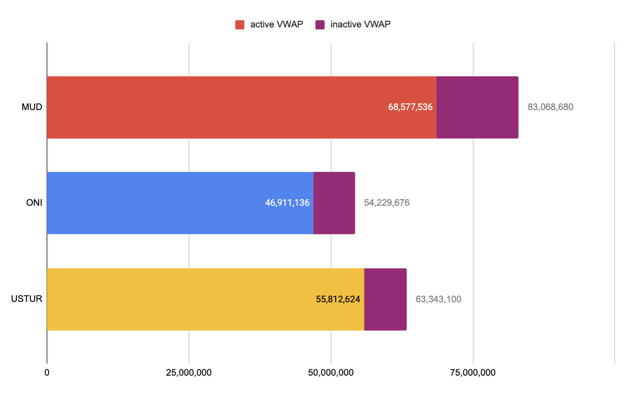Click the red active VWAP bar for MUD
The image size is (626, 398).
point(219,108)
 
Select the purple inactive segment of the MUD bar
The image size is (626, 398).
point(477,108)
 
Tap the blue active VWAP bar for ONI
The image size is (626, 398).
point(169,203)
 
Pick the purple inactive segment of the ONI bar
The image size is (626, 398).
point(334,203)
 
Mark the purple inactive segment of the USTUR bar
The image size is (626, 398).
point(385,299)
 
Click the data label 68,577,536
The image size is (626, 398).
point(410,107)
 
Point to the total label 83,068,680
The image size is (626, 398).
point(550,107)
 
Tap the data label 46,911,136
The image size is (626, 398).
point(287,203)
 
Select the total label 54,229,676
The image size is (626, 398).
point(386,203)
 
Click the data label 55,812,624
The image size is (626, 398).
point(338,299)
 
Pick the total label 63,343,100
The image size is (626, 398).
point(438,299)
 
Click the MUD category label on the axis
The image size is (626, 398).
point(32,107)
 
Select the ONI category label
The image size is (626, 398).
point(34,203)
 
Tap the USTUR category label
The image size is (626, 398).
point(27,299)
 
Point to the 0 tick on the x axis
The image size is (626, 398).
point(47,373)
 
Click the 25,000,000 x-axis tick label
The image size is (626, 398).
point(189,373)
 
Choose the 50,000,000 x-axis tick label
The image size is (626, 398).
point(331,373)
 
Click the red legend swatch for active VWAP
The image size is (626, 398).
point(240,25)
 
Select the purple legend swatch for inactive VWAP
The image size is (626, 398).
point(320,25)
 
